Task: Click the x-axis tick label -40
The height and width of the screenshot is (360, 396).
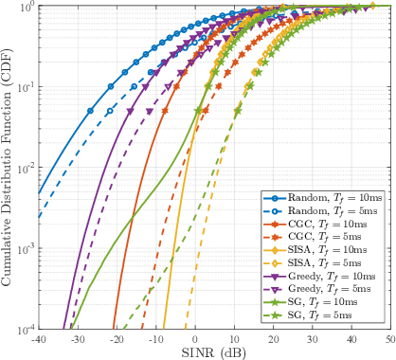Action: tap(38, 338)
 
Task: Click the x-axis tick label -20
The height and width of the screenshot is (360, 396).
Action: tap(116, 338)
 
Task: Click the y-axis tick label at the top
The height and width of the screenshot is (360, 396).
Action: tap(27, 7)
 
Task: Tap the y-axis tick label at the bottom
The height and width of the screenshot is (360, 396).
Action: tap(26, 329)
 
